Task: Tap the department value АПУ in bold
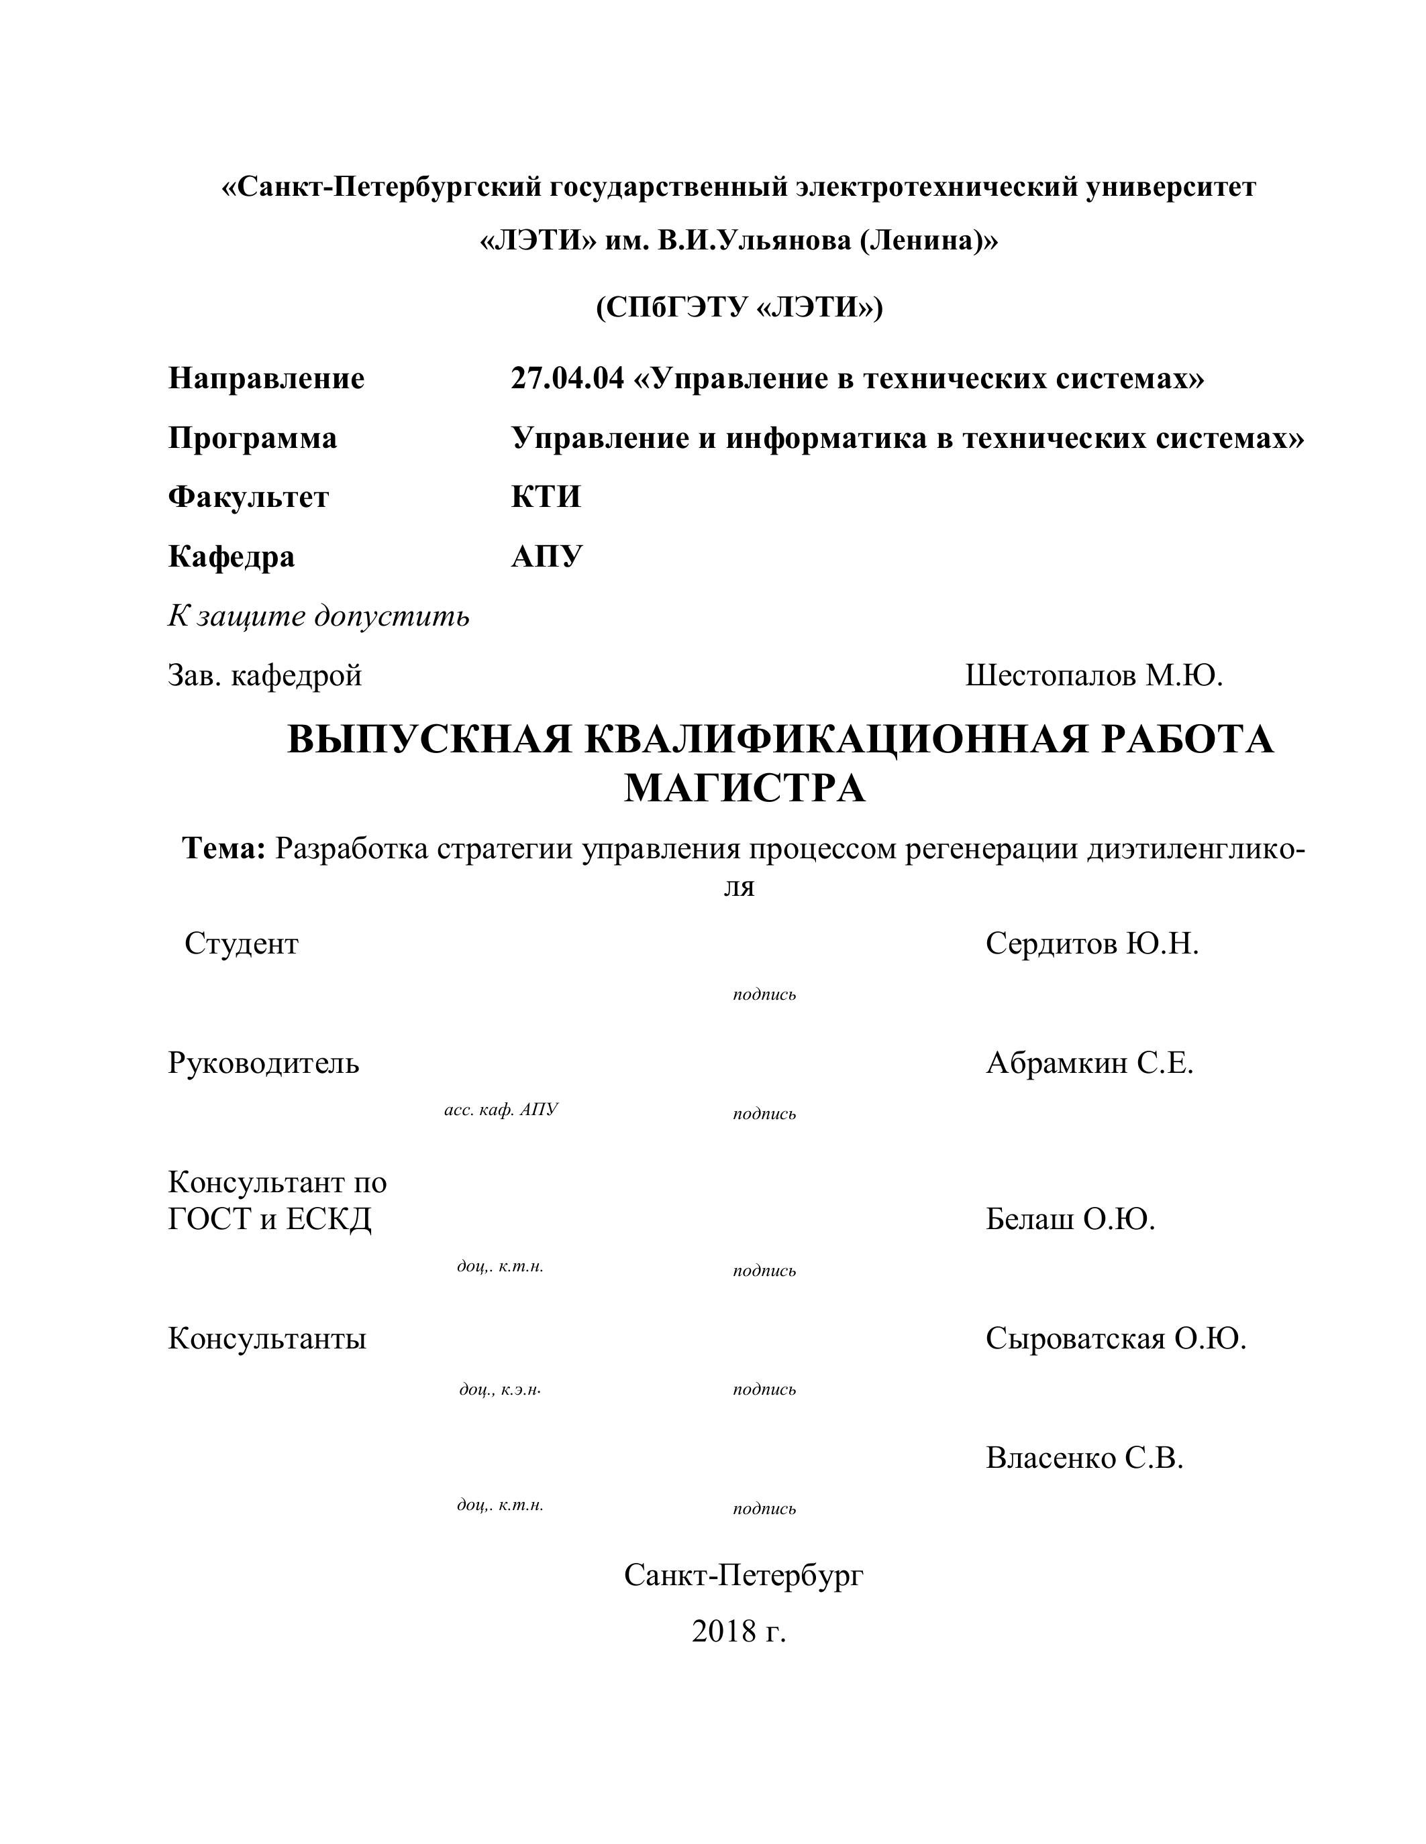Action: pyautogui.click(x=546, y=557)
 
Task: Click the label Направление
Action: pyautogui.click(x=266, y=378)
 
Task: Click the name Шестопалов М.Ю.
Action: pyautogui.click(x=1094, y=675)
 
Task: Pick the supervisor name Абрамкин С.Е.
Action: pyautogui.click(x=1089, y=1063)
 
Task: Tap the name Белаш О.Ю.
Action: pyautogui.click(x=1070, y=1219)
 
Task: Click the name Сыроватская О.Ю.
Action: pyautogui.click(x=1115, y=1338)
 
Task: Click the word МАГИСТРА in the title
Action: pyautogui.click(x=744, y=789)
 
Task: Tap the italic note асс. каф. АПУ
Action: pyautogui.click(x=501, y=1110)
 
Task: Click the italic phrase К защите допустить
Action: pyautogui.click(x=319, y=616)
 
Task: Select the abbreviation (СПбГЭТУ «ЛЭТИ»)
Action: pyautogui.click(x=740, y=307)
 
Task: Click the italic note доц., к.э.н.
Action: pyautogui.click(x=499, y=1389)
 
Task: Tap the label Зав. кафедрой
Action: pyautogui.click(x=264, y=675)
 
